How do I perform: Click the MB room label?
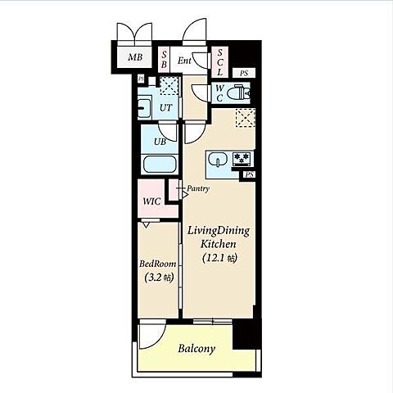click(135, 57)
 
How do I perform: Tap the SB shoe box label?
click(164, 60)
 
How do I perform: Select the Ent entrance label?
click(184, 61)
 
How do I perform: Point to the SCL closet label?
click(220, 62)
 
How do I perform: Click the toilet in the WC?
click(241, 93)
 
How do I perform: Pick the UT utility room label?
click(166, 108)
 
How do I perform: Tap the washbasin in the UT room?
click(144, 108)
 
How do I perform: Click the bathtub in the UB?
click(160, 164)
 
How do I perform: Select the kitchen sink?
click(218, 159)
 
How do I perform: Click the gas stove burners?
click(242, 158)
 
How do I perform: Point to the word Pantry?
click(198, 188)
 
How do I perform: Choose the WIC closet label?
click(151, 201)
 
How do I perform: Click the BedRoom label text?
click(158, 264)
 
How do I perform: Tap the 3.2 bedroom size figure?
click(154, 278)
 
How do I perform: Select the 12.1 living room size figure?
click(215, 258)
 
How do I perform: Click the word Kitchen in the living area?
click(219, 244)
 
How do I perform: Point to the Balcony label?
click(196, 349)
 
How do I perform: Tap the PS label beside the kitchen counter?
click(250, 174)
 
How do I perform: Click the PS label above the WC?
click(244, 73)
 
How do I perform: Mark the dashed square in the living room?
click(246, 118)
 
